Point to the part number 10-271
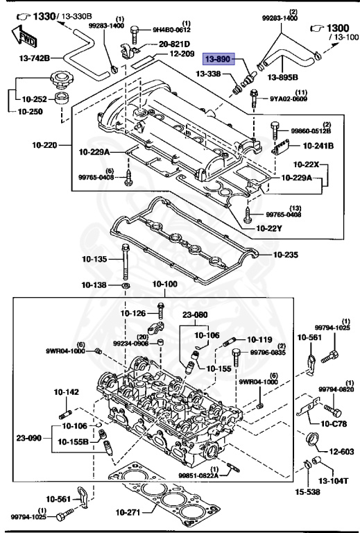(127, 512)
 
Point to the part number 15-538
(310, 493)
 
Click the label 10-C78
(334, 423)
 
